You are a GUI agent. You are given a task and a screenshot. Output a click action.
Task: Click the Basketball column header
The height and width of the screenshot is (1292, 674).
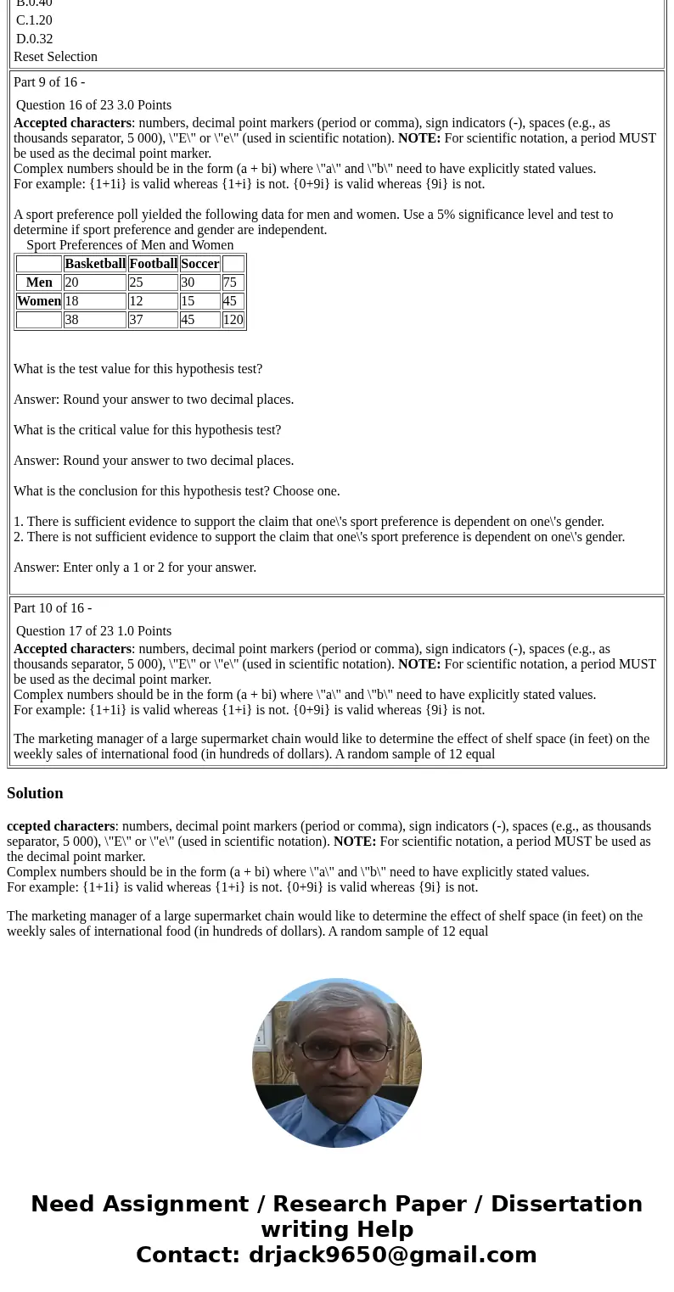94,264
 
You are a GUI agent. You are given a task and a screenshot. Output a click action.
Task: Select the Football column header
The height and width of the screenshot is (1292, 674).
153,264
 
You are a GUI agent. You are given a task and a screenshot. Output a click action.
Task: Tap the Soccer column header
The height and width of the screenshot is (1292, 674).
199,264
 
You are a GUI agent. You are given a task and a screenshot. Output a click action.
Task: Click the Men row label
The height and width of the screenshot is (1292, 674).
39,282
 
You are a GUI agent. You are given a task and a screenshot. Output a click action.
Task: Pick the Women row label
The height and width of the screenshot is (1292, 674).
39,301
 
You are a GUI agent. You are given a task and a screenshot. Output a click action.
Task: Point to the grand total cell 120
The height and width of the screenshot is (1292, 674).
233,320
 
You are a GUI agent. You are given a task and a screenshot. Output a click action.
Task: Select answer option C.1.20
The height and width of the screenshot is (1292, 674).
34,20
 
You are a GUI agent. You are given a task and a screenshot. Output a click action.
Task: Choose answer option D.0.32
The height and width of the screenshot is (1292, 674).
34,39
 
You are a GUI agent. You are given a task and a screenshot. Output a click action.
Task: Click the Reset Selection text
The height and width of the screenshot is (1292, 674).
55,57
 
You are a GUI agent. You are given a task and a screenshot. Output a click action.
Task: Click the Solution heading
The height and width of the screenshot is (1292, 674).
35,793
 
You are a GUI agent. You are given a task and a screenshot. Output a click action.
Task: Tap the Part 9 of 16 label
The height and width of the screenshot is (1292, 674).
48,82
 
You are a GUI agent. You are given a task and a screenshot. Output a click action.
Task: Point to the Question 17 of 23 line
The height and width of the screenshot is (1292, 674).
93,631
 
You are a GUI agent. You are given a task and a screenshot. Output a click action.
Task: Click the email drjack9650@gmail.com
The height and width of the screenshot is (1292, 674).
392,1255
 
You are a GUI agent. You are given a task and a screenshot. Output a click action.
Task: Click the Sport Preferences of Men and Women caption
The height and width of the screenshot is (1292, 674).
130,245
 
